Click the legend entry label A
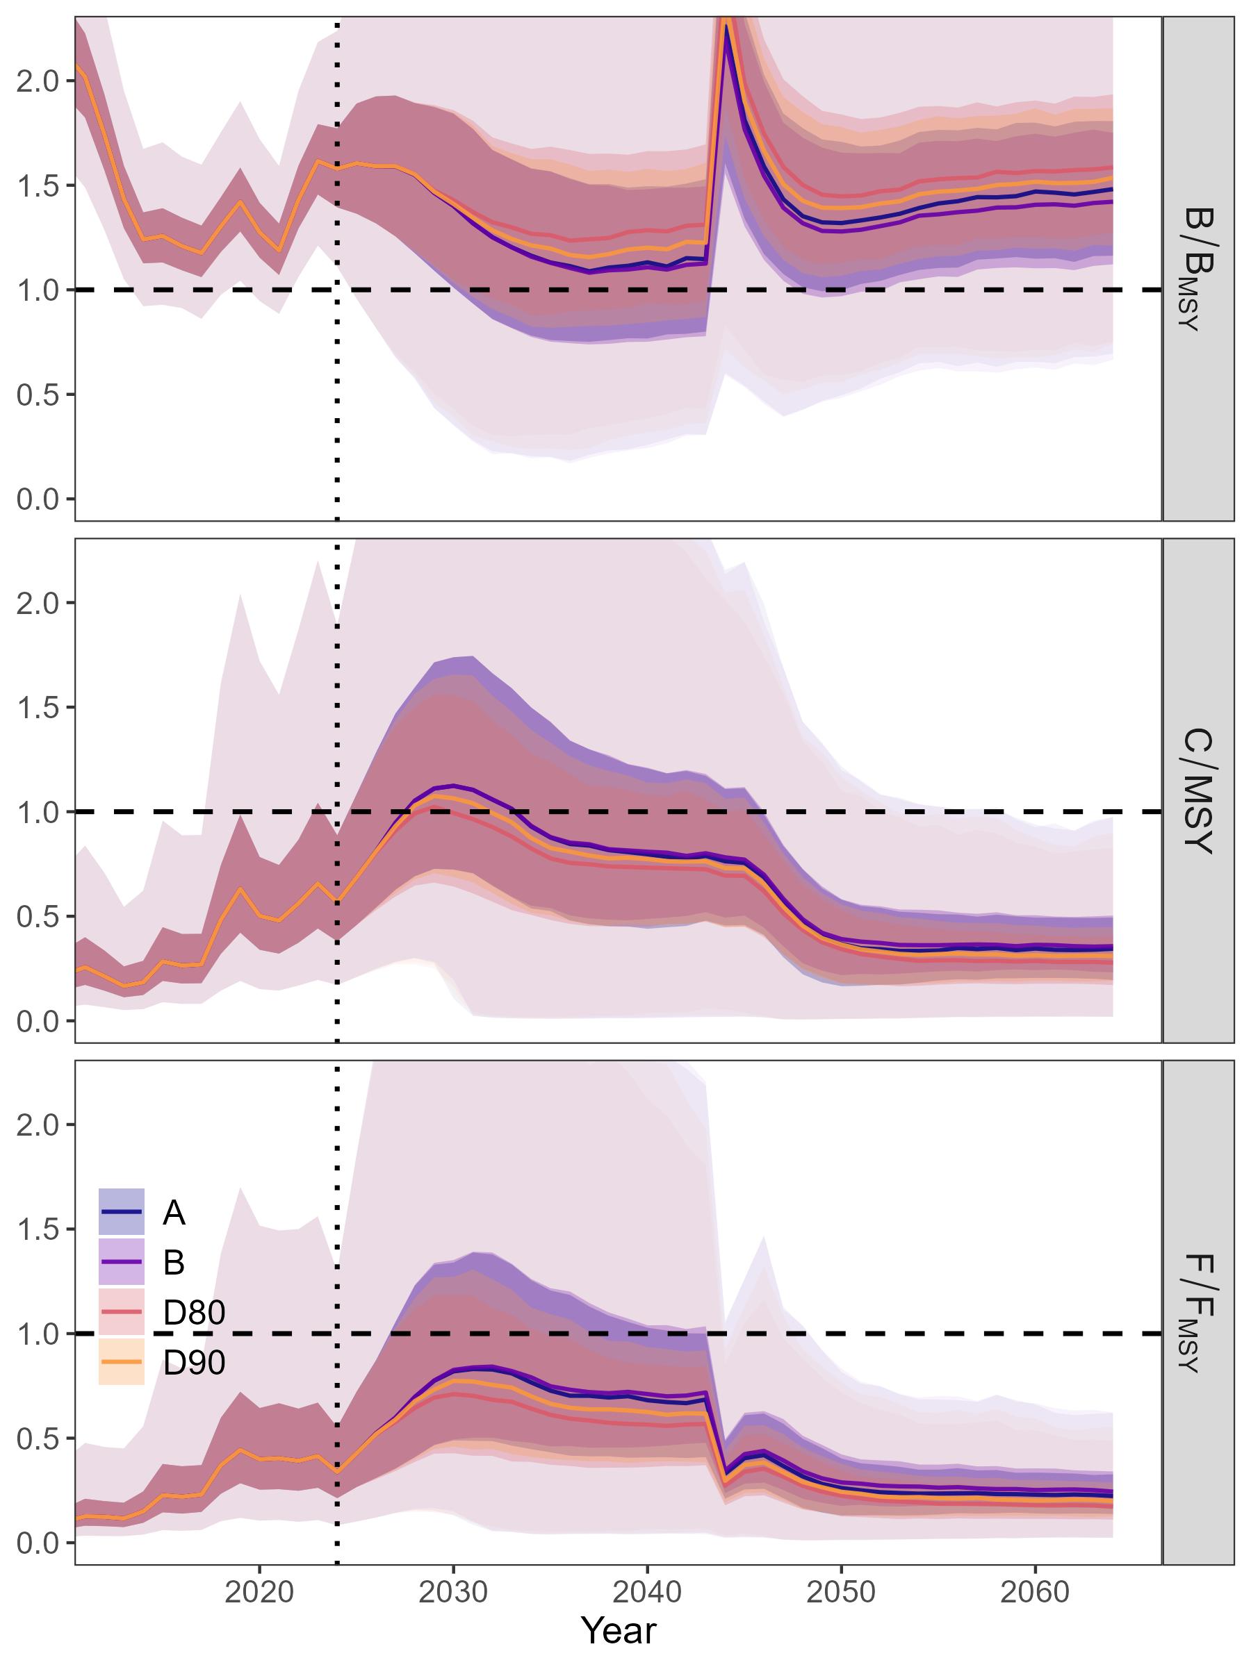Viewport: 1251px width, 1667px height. pyautogui.click(x=174, y=1213)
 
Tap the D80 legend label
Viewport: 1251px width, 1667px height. pyautogui.click(x=194, y=1312)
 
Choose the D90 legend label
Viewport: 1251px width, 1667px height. pyautogui.click(x=194, y=1362)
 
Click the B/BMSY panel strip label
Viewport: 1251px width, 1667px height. pyautogui.click(x=1198, y=269)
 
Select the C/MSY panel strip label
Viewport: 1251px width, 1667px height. pyautogui.click(x=1198, y=790)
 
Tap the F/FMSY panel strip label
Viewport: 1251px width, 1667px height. pyautogui.click(x=1198, y=1312)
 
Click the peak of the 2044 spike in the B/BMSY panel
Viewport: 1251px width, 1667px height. pyautogui.click(x=726, y=26)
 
